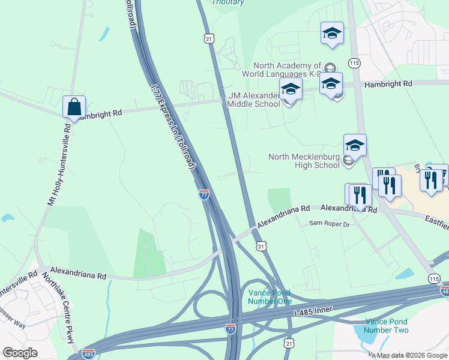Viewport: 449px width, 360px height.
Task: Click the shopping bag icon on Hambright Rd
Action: click(73, 107)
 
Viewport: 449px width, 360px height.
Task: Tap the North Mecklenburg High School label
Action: click(304, 161)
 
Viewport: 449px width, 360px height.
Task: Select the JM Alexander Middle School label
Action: click(254, 100)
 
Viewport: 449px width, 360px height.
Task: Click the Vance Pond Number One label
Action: click(270, 296)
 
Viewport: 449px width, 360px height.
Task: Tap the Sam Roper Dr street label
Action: click(329, 224)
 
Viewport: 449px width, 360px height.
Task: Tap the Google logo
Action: click(20, 353)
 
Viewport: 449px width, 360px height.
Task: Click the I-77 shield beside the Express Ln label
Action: click(203, 194)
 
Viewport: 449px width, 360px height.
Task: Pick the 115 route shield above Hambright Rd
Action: click(355, 62)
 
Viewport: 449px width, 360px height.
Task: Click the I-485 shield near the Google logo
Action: click(88, 354)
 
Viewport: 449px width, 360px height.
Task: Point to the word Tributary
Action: click(228, 2)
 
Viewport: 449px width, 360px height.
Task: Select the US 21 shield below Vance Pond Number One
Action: click(289, 343)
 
